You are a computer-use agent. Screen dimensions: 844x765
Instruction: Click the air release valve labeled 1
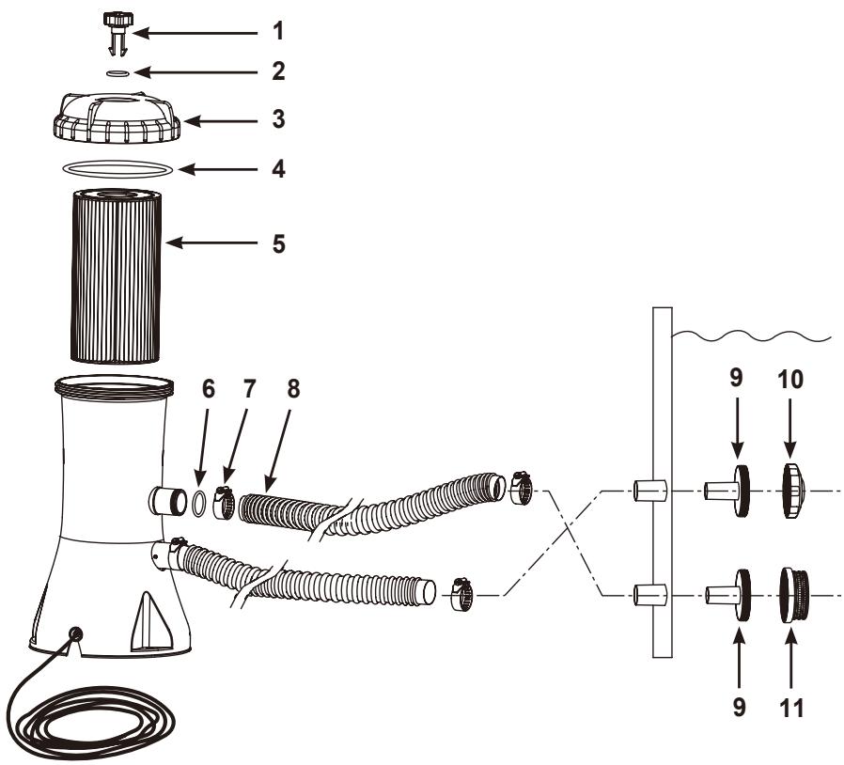pos(117,32)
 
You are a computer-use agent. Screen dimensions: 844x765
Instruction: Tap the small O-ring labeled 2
pos(117,72)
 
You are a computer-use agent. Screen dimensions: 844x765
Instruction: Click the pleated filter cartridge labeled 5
pos(117,274)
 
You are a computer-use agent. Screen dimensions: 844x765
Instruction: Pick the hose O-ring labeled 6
pos(198,503)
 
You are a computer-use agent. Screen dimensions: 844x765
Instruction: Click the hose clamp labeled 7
pos(225,502)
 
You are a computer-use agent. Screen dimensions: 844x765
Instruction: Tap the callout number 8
pos(293,389)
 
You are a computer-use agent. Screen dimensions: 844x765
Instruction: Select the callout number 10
pos(790,380)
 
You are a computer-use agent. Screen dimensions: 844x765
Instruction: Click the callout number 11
pos(790,708)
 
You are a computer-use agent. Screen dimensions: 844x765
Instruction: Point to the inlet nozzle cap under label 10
pos(793,491)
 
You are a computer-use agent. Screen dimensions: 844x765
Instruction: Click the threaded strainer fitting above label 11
pos(794,595)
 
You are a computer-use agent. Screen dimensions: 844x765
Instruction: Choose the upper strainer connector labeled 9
pos(727,491)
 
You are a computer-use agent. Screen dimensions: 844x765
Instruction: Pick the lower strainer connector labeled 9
pos(727,596)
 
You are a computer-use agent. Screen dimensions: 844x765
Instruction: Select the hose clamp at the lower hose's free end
pos(461,594)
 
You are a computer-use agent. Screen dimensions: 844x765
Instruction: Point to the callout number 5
pos(278,243)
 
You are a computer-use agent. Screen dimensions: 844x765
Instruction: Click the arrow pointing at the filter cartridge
pos(211,242)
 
